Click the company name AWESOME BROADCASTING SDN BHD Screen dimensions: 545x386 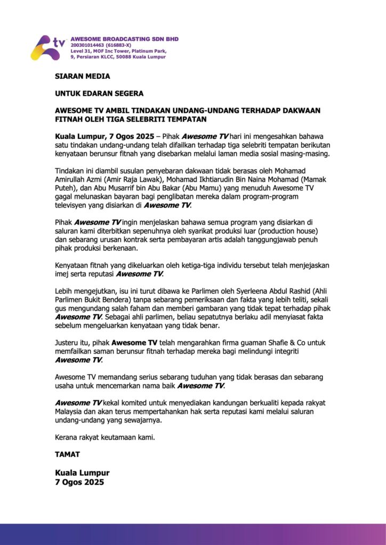[124, 39]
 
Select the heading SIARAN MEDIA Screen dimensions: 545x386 [83, 76]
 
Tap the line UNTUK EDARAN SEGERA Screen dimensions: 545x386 [99, 93]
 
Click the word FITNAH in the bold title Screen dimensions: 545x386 [71, 119]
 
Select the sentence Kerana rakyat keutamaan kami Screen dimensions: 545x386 [105, 437]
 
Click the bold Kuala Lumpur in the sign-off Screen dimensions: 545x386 [82, 473]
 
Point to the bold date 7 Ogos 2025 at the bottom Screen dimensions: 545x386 [79, 482]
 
